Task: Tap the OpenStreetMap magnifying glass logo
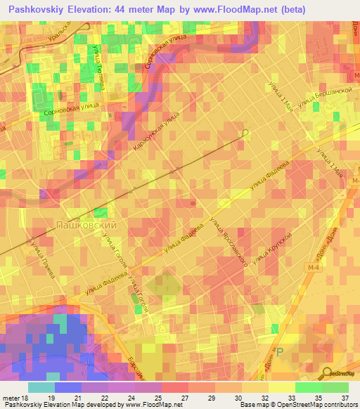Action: [327, 373]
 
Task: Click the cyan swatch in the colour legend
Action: [41, 387]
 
